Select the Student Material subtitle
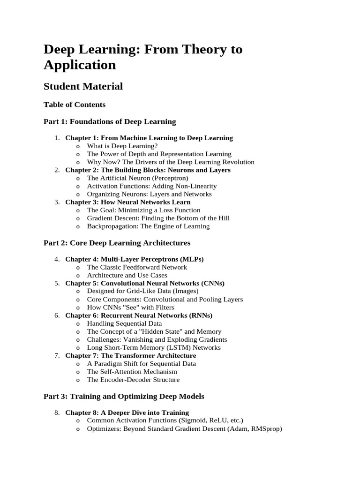(x=83, y=86)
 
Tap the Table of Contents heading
(x=75, y=105)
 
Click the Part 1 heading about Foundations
(x=110, y=121)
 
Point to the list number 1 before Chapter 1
(x=56, y=138)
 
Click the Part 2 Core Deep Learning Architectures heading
(x=117, y=243)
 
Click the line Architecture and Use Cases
(x=127, y=275)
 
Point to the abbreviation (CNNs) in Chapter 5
(x=212, y=283)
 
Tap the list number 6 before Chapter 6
(x=56, y=315)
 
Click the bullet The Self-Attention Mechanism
(x=132, y=372)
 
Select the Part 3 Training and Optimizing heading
(x=124, y=396)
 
